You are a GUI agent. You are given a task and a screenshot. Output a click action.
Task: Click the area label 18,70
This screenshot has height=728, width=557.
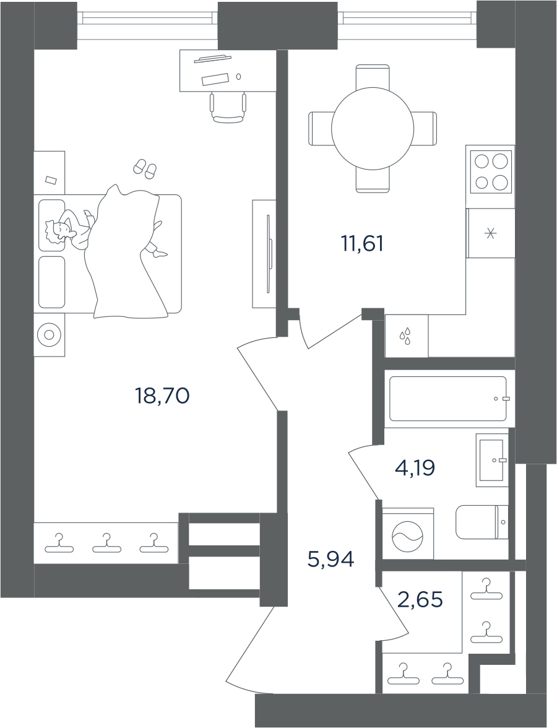coord(162,396)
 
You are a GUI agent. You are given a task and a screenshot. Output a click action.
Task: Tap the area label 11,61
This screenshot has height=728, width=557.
coord(363,244)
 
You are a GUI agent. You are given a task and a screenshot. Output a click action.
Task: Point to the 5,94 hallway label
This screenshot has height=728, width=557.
coord(331,560)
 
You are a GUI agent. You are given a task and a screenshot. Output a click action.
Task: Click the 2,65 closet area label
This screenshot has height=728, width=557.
coord(420,599)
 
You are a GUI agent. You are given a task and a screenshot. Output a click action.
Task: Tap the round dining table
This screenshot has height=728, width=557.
coord(373,128)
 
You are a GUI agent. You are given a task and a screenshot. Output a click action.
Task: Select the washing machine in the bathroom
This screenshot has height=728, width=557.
coord(407,534)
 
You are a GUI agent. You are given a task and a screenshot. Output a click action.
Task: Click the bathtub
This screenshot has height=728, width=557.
coord(448,399)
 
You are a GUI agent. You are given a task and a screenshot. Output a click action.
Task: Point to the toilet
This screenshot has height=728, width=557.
coord(482,522)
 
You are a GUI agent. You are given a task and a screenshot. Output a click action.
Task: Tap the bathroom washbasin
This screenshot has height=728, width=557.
coord(492,460)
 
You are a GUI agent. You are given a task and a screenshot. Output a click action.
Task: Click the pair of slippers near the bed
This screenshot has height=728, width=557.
coord(145,168)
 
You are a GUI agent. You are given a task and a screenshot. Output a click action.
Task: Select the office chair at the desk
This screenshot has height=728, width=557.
coord(228,106)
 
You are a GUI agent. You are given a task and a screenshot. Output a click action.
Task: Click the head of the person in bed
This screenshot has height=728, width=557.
coord(58,230)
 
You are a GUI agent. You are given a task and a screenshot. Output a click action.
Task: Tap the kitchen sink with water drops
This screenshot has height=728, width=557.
coord(407,336)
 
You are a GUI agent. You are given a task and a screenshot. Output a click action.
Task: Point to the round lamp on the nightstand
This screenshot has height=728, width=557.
coord(49,336)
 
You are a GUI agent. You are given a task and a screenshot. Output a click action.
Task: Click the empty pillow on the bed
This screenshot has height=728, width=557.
coord(51,282)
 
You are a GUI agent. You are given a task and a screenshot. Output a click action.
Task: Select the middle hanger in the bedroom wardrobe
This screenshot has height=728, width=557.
coord(106,544)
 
